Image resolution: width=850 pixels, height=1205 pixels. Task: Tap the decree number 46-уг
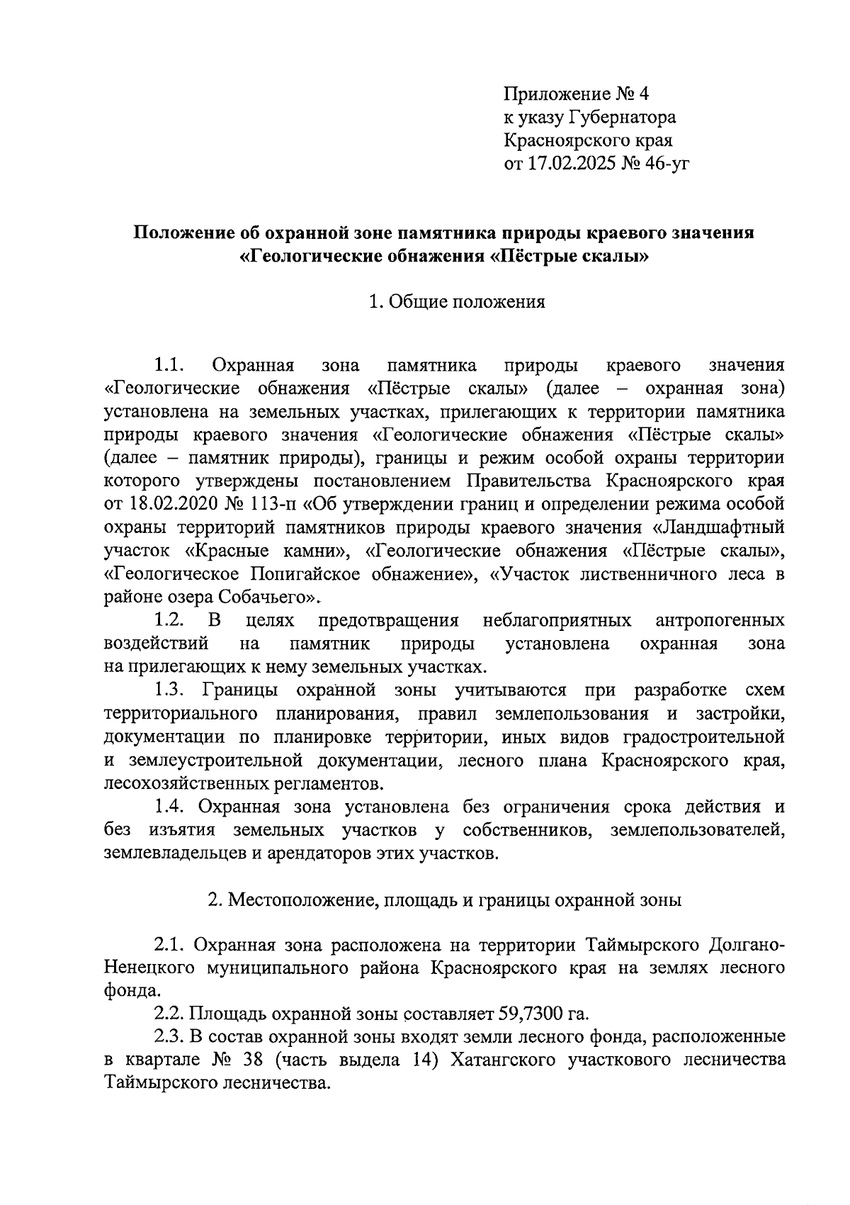[x=662, y=164]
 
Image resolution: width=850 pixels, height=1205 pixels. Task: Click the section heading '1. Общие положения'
[x=456, y=302]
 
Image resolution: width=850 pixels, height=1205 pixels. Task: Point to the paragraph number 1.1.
[x=169, y=366]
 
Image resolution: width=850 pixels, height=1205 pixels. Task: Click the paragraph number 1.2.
[x=169, y=621]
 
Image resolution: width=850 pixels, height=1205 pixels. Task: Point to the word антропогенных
[x=720, y=621]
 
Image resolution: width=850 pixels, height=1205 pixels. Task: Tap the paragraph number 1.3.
[x=169, y=690]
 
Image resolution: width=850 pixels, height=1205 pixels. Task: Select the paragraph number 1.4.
[x=169, y=807]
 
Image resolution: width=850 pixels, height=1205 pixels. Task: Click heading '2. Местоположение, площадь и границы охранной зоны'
[x=445, y=900]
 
